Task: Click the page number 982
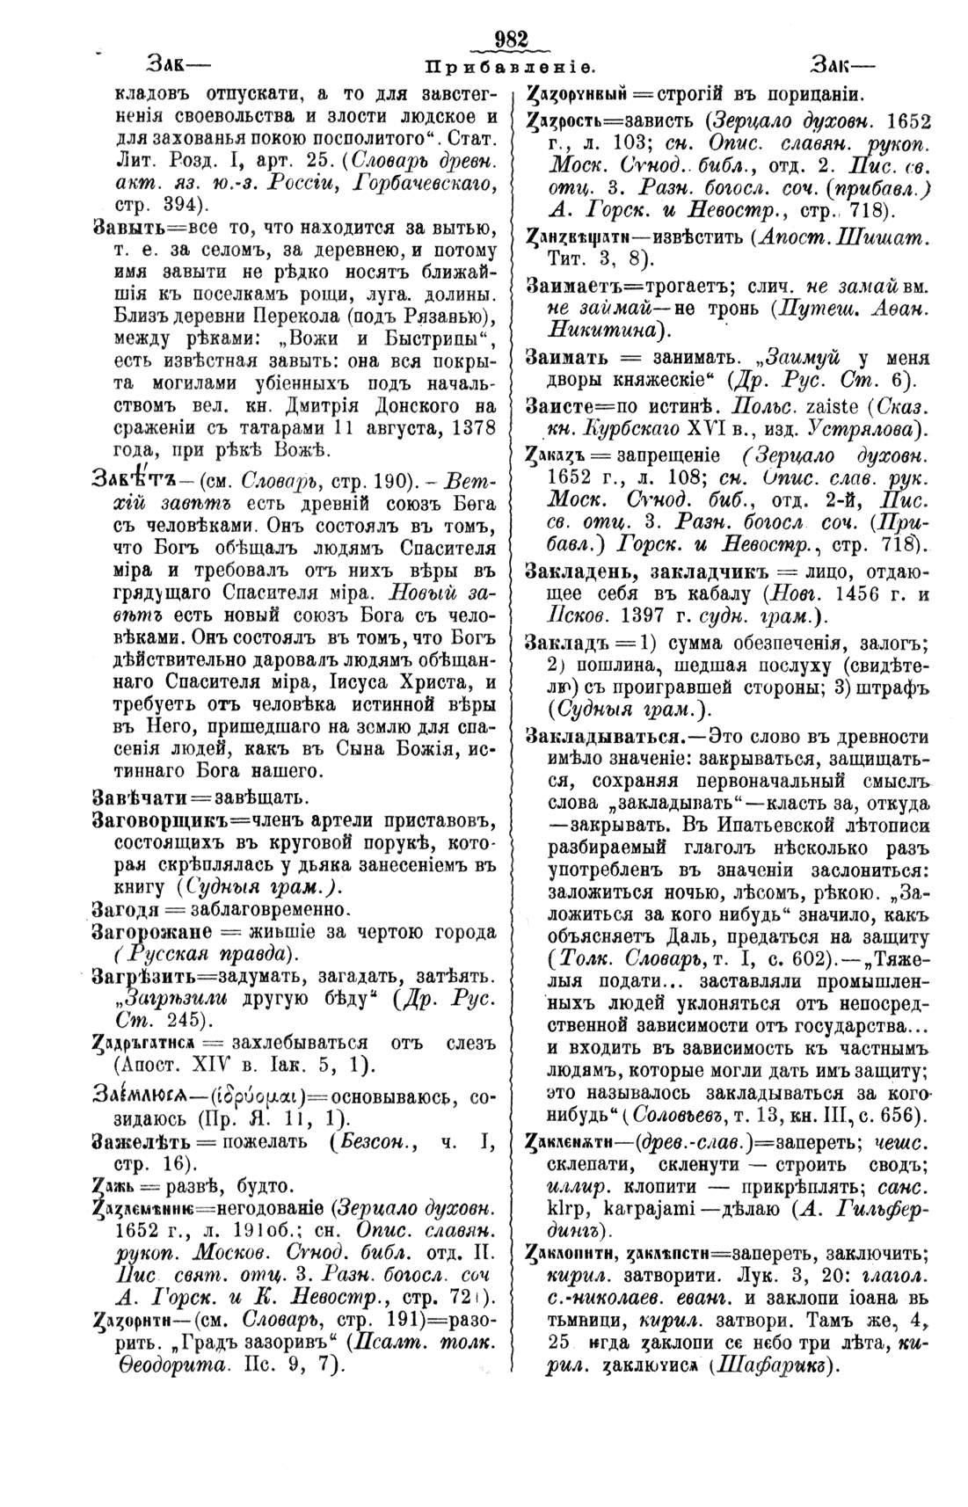511,40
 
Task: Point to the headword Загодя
123,907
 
